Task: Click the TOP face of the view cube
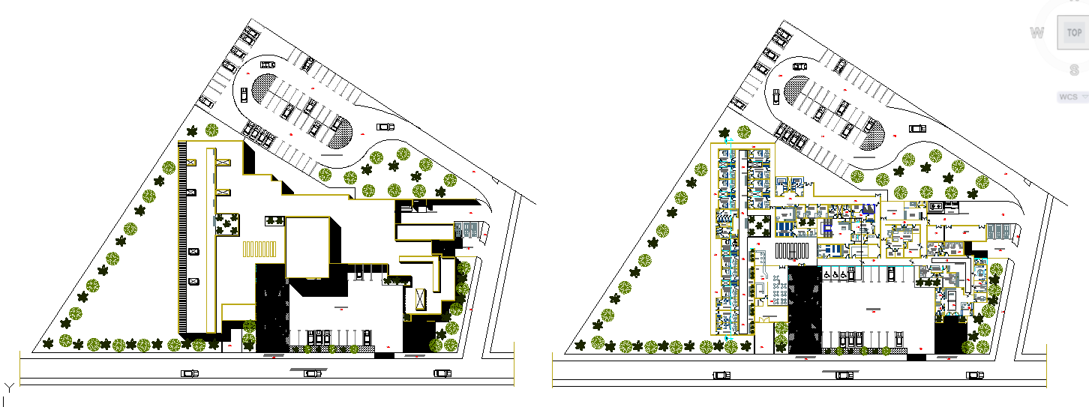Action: coord(1074,33)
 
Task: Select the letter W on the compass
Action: coord(1037,33)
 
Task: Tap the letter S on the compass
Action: coord(1075,70)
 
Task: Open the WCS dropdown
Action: coord(1072,97)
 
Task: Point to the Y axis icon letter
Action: coord(8,388)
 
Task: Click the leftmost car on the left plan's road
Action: coord(190,373)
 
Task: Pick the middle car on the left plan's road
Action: coord(313,373)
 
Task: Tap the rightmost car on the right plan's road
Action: coord(974,375)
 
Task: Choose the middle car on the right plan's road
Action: coord(847,375)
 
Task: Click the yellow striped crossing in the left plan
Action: coord(259,250)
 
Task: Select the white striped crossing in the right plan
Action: coord(794,250)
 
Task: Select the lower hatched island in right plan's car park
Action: coord(874,139)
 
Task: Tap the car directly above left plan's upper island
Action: coord(268,64)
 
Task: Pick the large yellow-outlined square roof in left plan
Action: coord(308,247)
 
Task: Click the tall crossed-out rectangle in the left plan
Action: coord(421,300)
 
